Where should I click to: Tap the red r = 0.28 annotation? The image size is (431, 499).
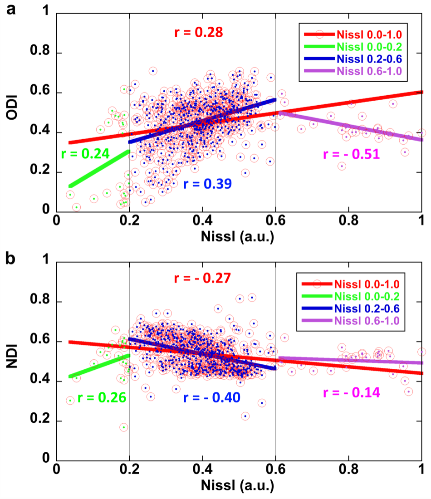(x=198, y=33)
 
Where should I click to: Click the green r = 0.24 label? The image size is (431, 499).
(x=85, y=154)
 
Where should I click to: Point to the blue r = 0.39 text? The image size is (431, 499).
(x=207, y=183)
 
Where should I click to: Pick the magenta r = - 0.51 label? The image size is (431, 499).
(x=351, y=154)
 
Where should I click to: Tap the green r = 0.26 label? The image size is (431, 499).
(x=101, y=397)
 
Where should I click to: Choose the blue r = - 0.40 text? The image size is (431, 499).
(x=211, y=397)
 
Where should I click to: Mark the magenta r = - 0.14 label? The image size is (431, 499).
(x=351, y=392)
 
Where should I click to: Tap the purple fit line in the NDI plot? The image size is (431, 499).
(x=349, y=360)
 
